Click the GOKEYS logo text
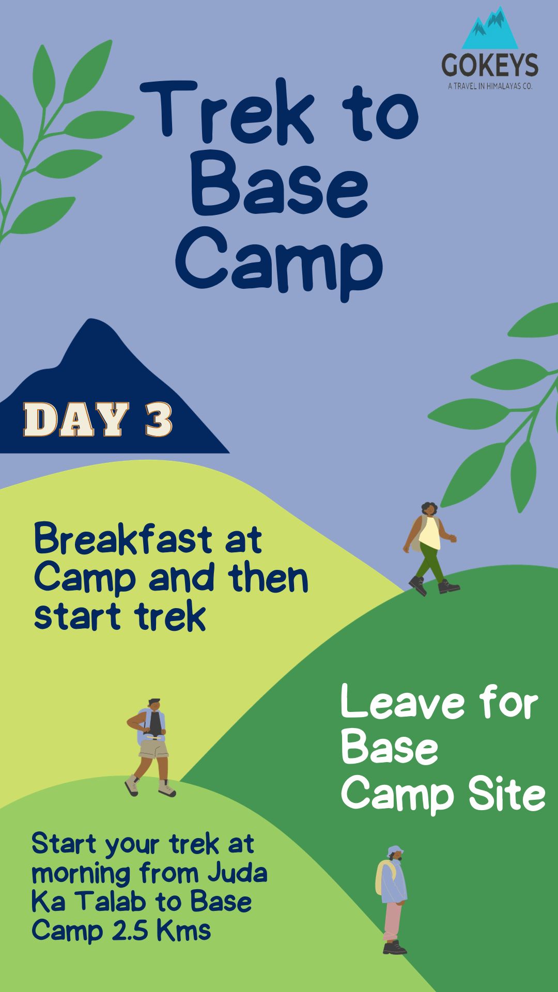(490, 65)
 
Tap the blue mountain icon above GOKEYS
(490, 28)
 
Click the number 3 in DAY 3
(158, 419)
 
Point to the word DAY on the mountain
(76, 419)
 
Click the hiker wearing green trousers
(430, 548)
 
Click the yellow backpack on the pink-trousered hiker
(382, 878)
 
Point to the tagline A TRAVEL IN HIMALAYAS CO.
(490, 86)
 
